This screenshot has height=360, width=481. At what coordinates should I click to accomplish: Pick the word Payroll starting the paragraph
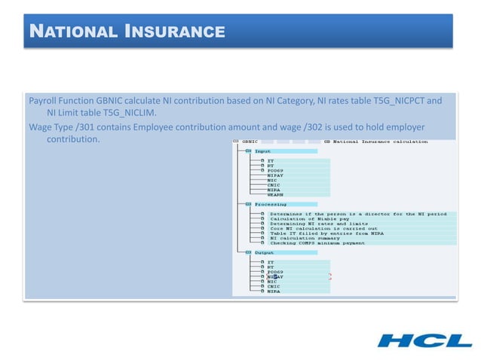44,100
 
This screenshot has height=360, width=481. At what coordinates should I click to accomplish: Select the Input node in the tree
262,151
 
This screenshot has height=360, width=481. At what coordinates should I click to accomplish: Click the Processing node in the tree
269,204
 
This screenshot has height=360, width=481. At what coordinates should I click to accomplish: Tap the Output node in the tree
264,253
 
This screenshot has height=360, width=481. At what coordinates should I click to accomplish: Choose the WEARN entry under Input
275,194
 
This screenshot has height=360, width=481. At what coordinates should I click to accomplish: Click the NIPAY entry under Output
275,276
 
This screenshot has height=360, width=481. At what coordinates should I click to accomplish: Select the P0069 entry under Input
275,170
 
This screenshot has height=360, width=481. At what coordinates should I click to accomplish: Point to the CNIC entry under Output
274,286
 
